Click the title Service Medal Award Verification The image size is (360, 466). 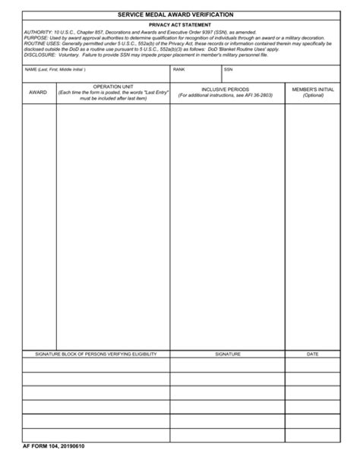click(x=180, y=14)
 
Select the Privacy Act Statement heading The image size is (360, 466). click(x=180, y=25)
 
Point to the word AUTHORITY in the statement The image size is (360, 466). click(x=38, y=33)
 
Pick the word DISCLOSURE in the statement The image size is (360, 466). click(x=40, y=55)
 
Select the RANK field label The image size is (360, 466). click(x=179, y=69)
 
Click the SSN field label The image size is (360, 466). click(x=228, y=69)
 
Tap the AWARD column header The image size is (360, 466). click(x=38, y=92)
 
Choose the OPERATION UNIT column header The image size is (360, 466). click(x=113, y=87)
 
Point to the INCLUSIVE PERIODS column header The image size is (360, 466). click(x=227, y=89)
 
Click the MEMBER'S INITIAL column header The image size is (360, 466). click(x=313, y=89)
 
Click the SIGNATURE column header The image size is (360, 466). click(x=227, y=354)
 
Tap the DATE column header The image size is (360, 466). click(x=313, y=354)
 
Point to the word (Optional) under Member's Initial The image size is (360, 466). click(x=313, y=96)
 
